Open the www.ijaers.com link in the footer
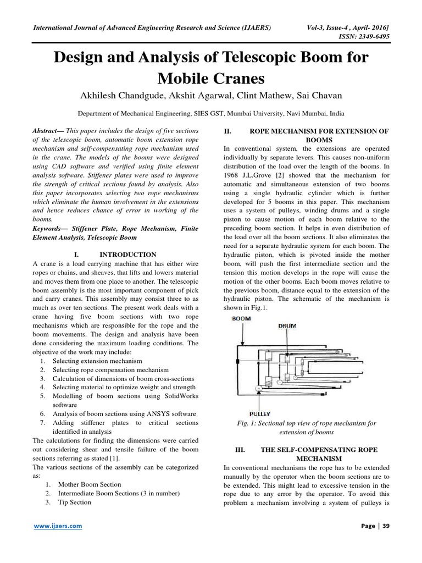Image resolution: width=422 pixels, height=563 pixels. click(x=58, y=526)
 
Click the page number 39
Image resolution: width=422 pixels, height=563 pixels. click(x=386, y=526)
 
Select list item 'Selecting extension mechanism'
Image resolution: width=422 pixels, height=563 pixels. click(x=97, y=361)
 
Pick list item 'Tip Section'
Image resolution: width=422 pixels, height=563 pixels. click(x=73, y=502)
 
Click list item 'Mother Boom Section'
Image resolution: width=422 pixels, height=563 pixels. click(x=87, y=484)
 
